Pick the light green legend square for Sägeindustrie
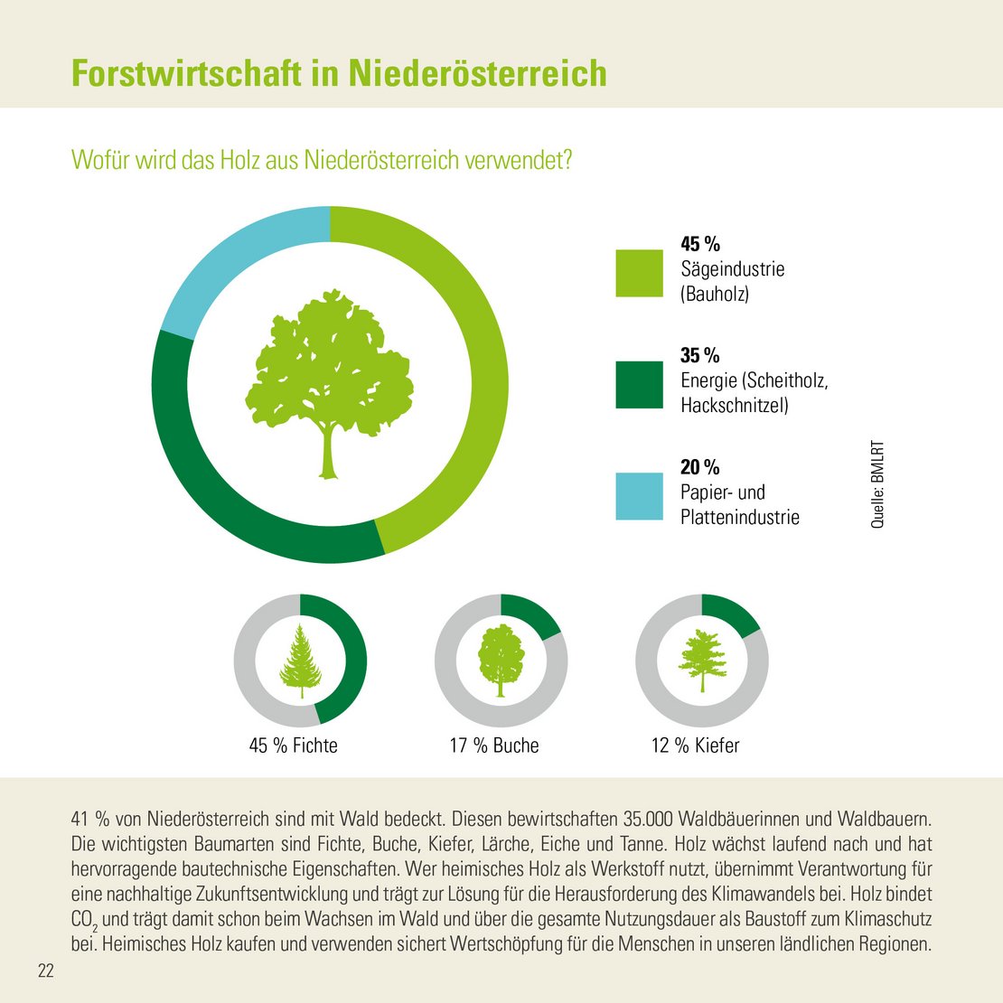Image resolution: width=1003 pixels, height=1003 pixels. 639,273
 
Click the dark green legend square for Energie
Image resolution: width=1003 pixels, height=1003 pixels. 639,385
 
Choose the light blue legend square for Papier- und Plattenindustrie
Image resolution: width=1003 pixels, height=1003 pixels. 639,496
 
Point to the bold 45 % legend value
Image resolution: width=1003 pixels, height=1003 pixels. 700,244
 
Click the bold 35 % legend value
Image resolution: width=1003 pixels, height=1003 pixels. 700,355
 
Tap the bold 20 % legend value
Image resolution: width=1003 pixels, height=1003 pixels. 700,467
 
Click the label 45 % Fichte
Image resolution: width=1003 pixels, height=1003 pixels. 294,745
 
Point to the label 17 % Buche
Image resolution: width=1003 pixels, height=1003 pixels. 494,745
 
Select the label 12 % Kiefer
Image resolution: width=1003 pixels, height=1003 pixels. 695,745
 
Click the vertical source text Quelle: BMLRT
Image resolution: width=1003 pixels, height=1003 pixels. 877,484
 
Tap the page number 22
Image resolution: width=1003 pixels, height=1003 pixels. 45,971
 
